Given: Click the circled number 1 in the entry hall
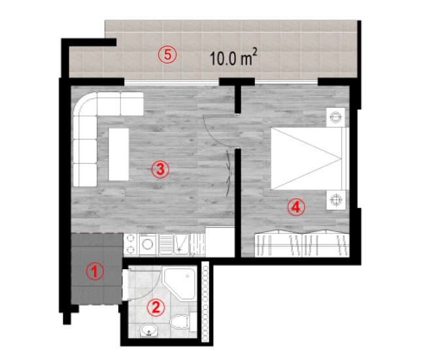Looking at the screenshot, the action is [x=95, y=271].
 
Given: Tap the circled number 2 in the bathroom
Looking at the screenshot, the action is [x=156, y=308].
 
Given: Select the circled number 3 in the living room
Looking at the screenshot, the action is [x=160, y=169].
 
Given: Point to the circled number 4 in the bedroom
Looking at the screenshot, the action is [x=296, y=207].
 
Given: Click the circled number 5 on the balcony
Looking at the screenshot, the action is [x=167, y=54].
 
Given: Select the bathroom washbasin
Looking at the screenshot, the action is [x=149, y=330].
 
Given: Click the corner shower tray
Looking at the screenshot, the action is [x=179, y=284].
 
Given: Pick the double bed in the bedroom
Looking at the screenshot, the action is [x=310, y=159].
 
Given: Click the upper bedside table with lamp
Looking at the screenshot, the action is [x=335, y=118].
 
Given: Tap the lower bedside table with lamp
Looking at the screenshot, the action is [x=335, y=200].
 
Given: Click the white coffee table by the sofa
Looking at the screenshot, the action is [x=119, y=154].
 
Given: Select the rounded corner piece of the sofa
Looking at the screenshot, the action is [x=85, y=104].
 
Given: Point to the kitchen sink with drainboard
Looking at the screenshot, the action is [x=173, y=244].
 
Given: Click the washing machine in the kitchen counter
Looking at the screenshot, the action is [x=148, y=244].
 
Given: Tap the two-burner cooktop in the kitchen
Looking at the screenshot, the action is [x=131, y=244].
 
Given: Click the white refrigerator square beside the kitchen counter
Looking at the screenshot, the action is [x=220, y=242].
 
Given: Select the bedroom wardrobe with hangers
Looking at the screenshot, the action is [x=302, y=244].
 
